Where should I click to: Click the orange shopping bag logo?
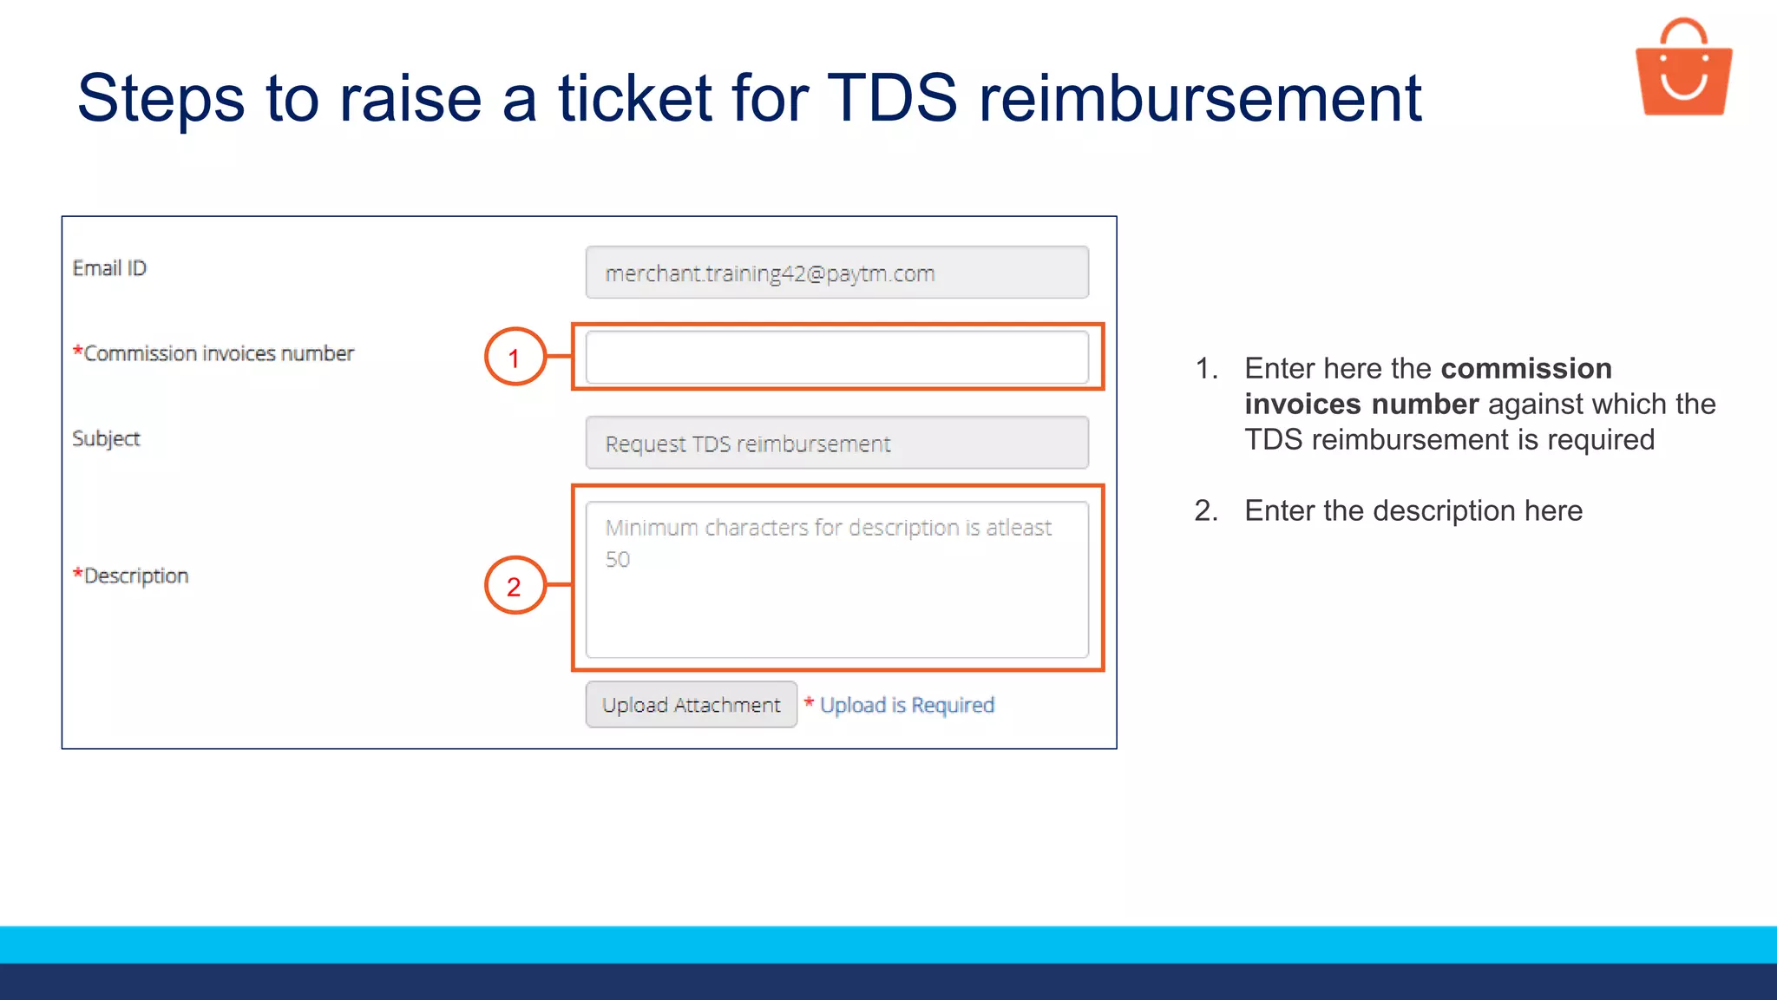[1683, 69]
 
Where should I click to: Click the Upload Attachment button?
[691, 705]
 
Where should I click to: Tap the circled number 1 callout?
[515, 357]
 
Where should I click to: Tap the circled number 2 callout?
[515, 586]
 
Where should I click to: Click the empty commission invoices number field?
[836, 358]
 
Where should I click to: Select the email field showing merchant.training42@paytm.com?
[836, 273]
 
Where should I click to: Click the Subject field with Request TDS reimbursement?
[836, 444]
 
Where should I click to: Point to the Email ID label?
[109, 268]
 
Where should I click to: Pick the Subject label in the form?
[106, 438]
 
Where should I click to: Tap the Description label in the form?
[136, 576]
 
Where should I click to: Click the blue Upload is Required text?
[907, 705]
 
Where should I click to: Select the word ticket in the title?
[635, 98]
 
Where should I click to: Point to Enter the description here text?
[1413, 510]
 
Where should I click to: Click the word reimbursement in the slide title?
[1200, 98]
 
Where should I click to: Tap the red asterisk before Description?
[78, 573]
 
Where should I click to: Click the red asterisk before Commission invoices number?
[78, 351]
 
